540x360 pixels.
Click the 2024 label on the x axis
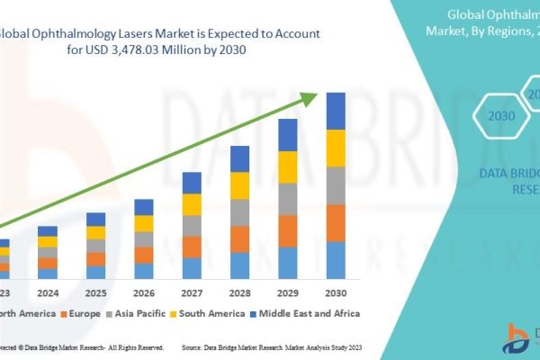tap(48, 292)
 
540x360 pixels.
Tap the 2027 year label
tap(192, 292)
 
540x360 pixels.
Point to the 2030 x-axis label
tap(336, 292)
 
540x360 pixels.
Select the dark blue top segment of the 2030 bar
tap(336, 111)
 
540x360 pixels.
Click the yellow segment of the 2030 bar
tap(336, 148)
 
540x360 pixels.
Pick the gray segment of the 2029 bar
tap(288, 199)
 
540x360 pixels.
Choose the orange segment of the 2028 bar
tap(239, 238)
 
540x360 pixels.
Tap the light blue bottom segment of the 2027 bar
tap(192, 268)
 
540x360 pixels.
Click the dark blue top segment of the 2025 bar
tap(95, 219)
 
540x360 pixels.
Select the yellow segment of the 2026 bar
tap(144, 223)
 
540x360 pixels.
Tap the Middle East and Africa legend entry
tap(305, 313)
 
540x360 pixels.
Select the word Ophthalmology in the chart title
tap(80, 32)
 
